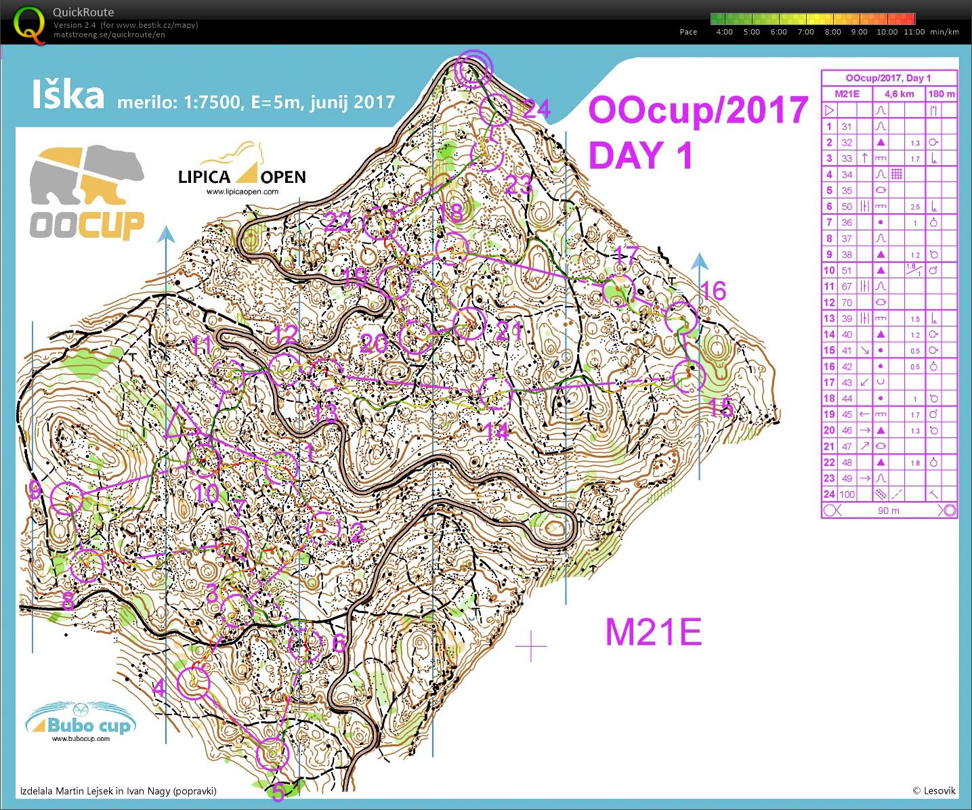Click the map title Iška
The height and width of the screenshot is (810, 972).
tap(68, 95)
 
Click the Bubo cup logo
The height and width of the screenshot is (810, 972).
tap(81, 723)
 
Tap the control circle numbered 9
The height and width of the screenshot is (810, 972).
tap(66, 498)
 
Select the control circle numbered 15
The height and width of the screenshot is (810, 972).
tap(689, 377)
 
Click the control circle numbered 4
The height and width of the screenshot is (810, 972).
tap(193, 682)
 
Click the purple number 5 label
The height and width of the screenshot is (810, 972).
tap(278, 791)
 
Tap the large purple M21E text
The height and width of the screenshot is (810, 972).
tap(653, 632)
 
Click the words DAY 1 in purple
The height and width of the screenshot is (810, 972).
tap(640, 155)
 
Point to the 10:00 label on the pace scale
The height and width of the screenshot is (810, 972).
tap(887, 32)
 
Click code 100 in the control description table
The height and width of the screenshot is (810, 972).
tap(847, 494)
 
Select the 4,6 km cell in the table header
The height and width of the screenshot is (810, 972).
tap(899, 93)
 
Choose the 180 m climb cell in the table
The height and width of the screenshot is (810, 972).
tap(941, 93)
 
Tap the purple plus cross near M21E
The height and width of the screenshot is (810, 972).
tap(531, 647)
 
